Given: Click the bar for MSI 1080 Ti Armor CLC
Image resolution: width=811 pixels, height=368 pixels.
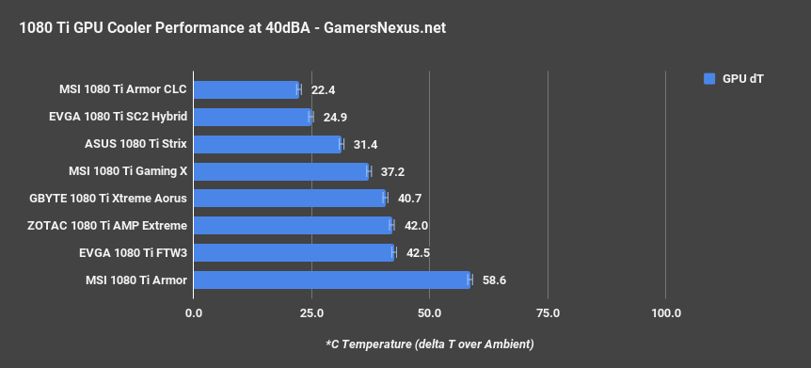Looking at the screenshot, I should [246, 89].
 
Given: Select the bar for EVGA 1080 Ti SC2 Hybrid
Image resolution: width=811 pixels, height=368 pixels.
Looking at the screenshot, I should [252, 117].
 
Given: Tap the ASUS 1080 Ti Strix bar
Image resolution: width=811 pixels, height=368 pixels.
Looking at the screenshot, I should [267, 144].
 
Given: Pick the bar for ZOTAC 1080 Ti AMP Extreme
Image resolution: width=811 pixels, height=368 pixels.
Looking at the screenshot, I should [293, 225].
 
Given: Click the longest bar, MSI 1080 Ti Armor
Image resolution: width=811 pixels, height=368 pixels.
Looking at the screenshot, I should [331, 280].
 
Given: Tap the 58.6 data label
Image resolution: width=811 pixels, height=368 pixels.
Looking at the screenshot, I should [495, 280].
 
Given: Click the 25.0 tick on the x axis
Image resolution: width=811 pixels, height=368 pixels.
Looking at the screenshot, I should [311, 312].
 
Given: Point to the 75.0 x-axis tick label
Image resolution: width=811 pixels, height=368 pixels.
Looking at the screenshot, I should [548, 312].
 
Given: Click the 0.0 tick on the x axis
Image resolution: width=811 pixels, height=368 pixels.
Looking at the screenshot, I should [194, 312].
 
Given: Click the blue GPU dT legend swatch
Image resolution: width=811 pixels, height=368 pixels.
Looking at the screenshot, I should [709, 79].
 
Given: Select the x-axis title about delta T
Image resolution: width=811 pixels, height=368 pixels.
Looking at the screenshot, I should [429, 343].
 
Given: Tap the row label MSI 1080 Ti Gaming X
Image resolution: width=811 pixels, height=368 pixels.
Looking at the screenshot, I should [128, 171].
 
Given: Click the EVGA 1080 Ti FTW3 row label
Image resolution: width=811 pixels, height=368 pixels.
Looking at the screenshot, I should [134, 253].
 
